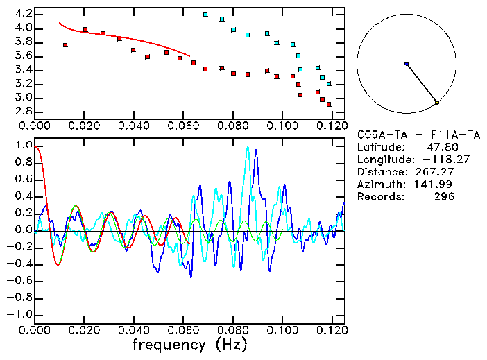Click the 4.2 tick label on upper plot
tap(22, 14)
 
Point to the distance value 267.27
tap(436, 172)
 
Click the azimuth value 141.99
tap(436, 185)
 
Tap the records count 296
tap(444, 197)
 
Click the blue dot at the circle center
tap(407, 64)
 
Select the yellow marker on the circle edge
tap(437, 103)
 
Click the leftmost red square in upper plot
tap(65, 45)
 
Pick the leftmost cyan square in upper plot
tap(205, 15)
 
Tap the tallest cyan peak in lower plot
tap(248, 147)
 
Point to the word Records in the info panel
tap(378, 197)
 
